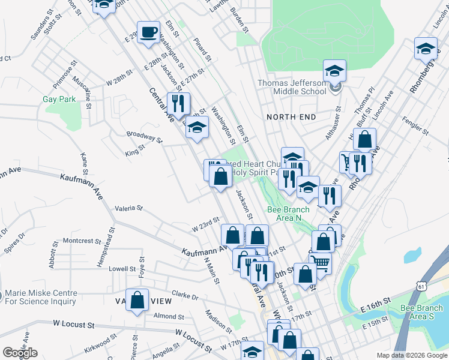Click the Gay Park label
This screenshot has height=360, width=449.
59,99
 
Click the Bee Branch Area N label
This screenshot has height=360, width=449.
284,214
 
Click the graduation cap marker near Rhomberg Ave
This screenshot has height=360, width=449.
426,49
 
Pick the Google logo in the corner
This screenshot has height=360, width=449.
20,353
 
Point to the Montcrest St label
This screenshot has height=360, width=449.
82,241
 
